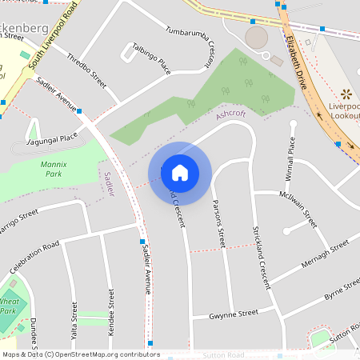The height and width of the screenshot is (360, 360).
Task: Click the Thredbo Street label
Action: [x=86, y=70]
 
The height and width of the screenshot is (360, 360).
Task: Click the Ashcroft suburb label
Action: [x=231, y=115]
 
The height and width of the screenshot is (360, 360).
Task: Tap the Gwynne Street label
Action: [x=234, y=313]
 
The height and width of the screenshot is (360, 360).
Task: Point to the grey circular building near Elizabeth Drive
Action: [x=256, y=37]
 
